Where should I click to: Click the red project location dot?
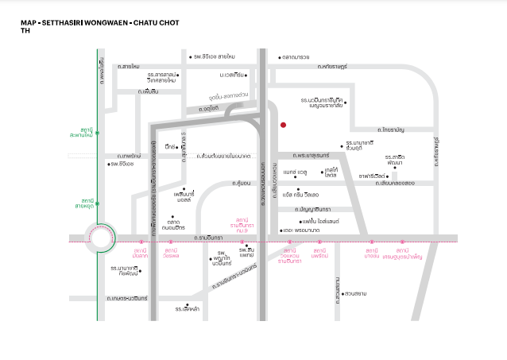(283, 124)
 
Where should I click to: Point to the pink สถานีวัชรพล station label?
(171, 254)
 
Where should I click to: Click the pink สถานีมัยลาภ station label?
(140, 254)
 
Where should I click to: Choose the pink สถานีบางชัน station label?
(371, 254)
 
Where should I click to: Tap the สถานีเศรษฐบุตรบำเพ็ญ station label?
(407, 254)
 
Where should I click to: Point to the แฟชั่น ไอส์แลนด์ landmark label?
(321, 220)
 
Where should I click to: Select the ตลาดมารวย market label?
(294, 57)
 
